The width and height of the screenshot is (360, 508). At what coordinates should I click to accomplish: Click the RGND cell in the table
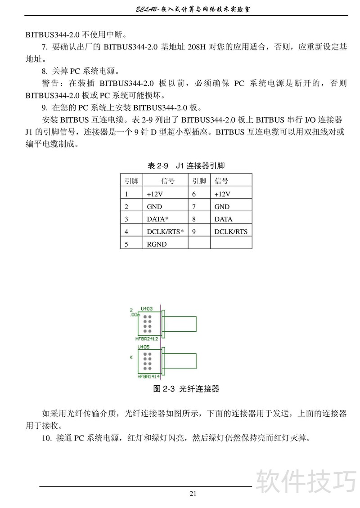(x=157, y=244)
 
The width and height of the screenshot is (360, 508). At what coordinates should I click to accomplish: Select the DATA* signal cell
(x=157, y=219)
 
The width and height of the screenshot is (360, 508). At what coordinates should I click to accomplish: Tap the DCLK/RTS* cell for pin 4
(x=165, y=232)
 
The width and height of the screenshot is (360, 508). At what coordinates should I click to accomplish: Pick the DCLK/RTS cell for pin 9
(x=230, y=232)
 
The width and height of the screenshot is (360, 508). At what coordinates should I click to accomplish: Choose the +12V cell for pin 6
(x=222, y=194)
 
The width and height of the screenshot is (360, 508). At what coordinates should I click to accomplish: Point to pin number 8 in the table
(x=193, y=219)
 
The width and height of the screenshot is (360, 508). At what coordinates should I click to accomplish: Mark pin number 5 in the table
(x=127, y=244)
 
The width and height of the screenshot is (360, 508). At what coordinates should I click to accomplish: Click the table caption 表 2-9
(x=158, y=166)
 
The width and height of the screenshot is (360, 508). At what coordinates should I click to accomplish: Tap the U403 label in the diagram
(x=147, y=309)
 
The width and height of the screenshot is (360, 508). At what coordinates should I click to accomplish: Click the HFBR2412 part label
(x=147, y=339)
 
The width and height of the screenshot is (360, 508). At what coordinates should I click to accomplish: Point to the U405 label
(x=144, y=348)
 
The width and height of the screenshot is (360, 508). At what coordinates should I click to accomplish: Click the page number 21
(x=193, y=493)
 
